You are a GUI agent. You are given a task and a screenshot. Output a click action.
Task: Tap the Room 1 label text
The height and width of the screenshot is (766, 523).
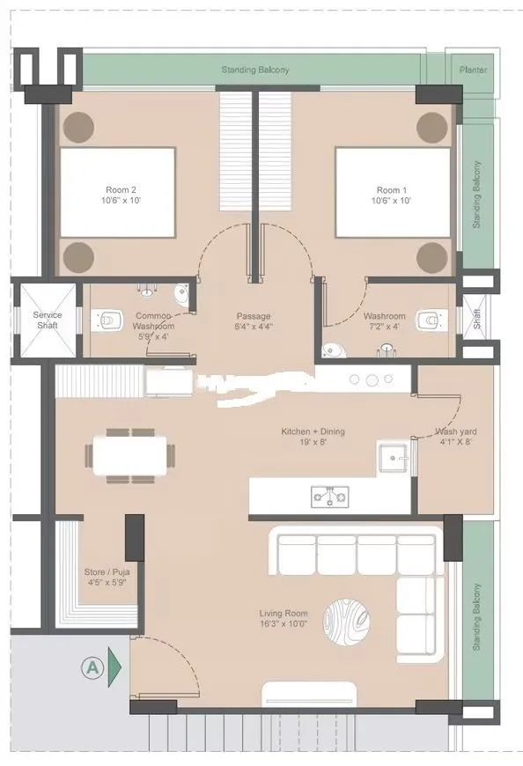point(392,189)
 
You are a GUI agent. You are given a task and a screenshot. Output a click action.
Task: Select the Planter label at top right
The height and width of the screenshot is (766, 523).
point(472,69)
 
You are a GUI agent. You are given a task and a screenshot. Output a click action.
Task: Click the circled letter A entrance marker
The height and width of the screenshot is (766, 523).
point(91,667)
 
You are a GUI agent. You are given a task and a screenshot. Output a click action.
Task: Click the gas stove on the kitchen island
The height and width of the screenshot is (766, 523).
point(329,497)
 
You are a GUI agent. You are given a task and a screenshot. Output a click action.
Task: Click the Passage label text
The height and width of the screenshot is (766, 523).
point(253,316)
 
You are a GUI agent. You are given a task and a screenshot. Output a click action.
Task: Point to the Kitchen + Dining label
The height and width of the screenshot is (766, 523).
point(313,431)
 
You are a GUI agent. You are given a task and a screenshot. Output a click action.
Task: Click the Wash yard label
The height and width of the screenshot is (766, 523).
point(456,432)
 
